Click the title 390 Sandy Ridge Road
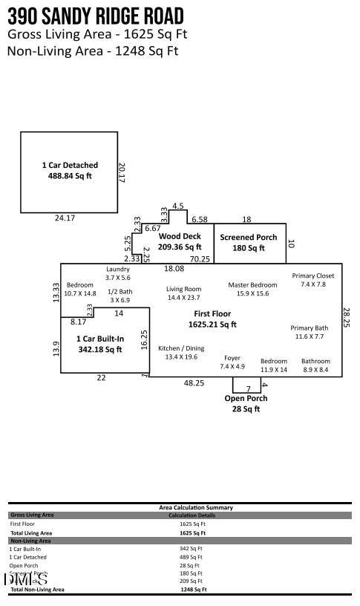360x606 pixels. click(x=96, y=17)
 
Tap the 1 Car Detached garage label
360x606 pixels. click(x=69, y=170)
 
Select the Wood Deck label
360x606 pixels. click(x=180, y=241)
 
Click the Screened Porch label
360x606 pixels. click(x=248, y=242)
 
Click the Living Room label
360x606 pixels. click(x=183, y=293)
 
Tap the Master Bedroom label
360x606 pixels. click(x=252, y=289)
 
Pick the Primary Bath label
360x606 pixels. click(x=309, y=332)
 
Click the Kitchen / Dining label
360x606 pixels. click(x=181, y=352)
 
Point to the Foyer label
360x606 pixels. click(x=232, y=362)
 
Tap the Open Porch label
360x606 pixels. click(x=246, y=403)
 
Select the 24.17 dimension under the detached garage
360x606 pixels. click(x=65, y=218)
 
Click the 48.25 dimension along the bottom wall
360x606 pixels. click(x=194, y=382)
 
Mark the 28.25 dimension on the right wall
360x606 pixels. click(x=346, y=318)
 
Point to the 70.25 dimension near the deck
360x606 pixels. click(x=200, y=259)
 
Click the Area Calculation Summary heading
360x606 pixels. click(x=196, y=507)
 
